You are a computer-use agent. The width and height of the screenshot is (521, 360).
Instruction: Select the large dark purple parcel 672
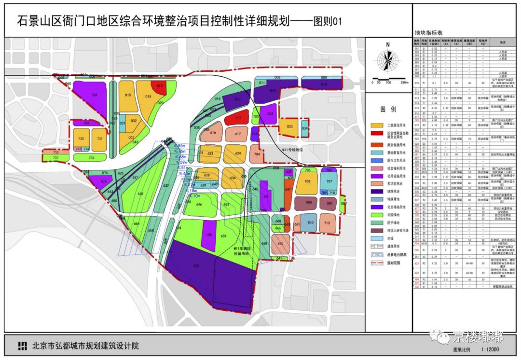196,266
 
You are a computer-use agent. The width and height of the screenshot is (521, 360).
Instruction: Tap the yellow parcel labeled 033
289,126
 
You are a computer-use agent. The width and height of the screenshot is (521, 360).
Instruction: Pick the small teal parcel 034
304,129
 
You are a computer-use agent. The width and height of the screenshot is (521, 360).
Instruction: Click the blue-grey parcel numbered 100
310,223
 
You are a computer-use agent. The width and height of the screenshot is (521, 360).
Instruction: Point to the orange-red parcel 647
288,190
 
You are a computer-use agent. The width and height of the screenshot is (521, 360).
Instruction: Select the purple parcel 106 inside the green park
208,235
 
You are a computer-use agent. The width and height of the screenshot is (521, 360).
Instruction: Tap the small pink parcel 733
78,149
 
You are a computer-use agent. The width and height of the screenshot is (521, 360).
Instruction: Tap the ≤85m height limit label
181,145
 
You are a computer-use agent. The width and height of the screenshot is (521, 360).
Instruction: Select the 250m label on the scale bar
403,83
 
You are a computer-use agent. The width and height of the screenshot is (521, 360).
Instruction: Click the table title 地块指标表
427,32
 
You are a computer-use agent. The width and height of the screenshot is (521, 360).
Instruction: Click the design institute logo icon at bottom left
22,346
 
